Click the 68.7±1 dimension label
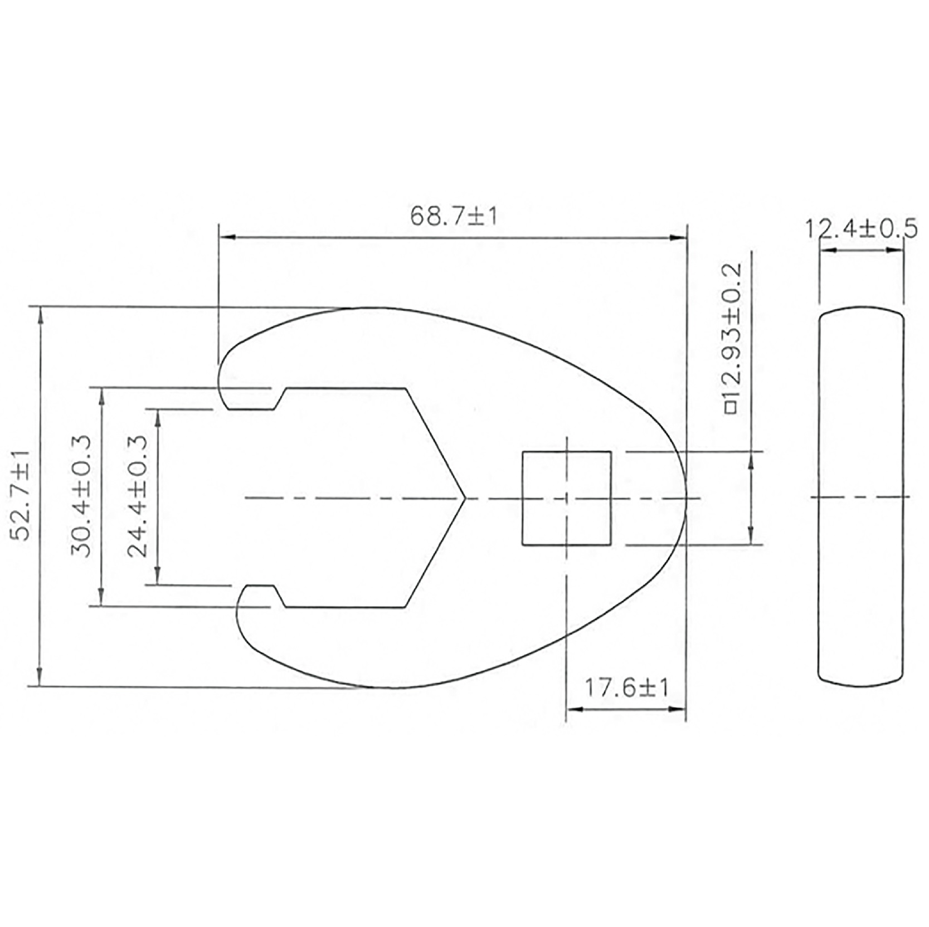coord(453,216)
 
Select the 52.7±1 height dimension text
coord(22,496)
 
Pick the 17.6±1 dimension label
coord(626,687)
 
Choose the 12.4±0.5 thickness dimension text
coord(861,228)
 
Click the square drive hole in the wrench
coord(566,497)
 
